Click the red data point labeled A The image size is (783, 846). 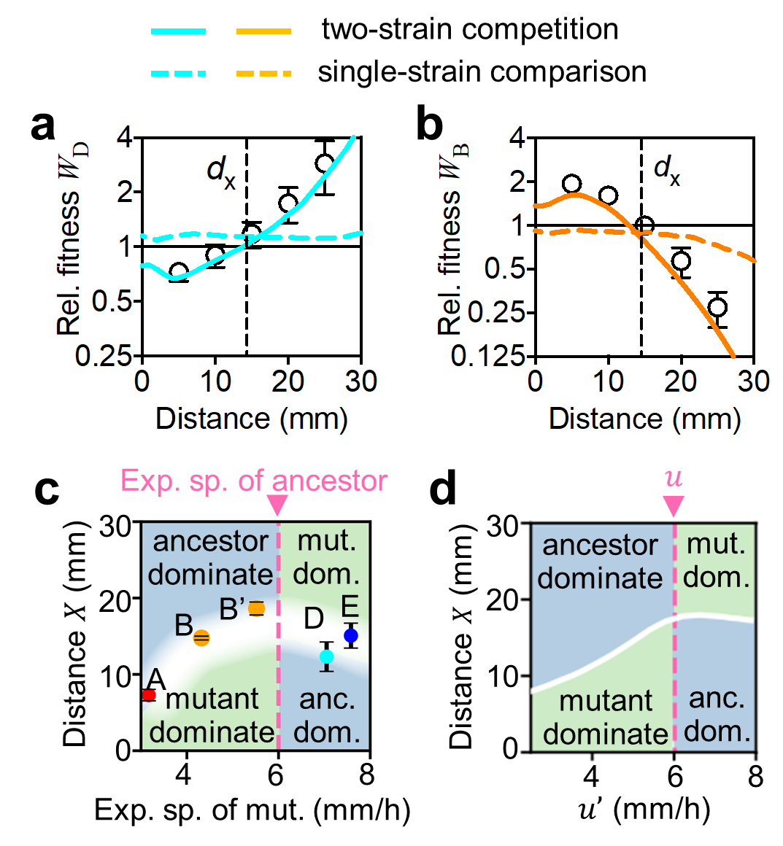[149, 695]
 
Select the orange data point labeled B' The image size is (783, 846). [256, 608]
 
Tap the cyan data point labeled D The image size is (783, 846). [327, 656]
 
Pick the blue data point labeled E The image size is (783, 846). [351, 635]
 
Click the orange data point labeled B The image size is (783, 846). [201, 638]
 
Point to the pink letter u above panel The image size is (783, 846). [674, 476]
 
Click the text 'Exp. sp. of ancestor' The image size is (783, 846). [253, 481]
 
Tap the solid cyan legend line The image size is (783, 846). [178, 31]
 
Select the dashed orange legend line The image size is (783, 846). [263, 74]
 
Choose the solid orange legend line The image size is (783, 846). [263, 31]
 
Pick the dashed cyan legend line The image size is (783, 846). [178, 74]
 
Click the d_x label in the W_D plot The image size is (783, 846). [221, 171]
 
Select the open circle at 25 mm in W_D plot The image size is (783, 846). [325, 163]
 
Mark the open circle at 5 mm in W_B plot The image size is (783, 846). [572, 184]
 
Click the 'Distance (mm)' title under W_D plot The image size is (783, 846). [252, 419]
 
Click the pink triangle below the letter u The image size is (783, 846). [674, 505]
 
